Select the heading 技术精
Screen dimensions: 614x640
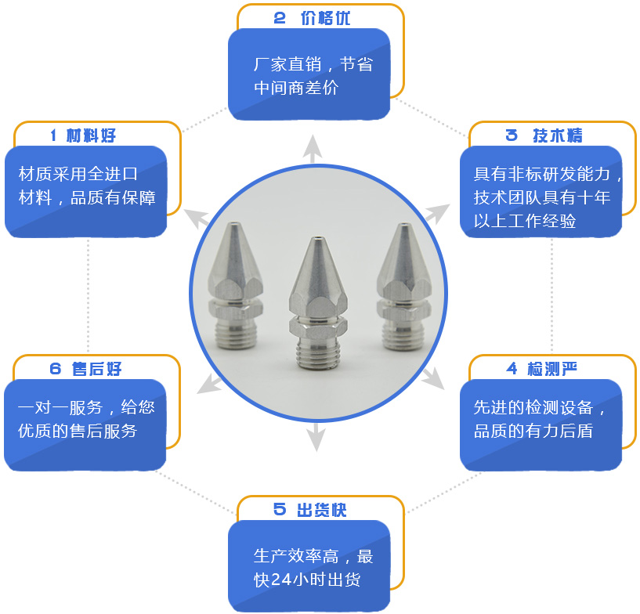(558, 135)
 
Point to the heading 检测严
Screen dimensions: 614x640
(554, 368)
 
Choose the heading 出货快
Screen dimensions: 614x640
(322, 510)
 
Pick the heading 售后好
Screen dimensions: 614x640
(96, 369)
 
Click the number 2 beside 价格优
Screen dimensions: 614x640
(280, 18)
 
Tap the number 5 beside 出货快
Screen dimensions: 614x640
(280, 510)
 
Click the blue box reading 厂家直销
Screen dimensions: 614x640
(309, 74)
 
